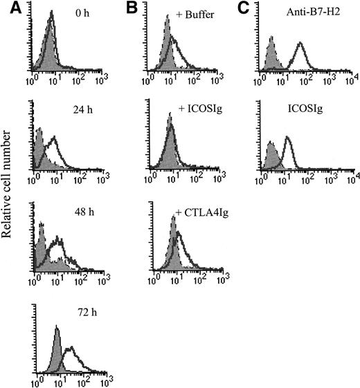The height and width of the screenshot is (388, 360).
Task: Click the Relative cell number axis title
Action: pos(10,207)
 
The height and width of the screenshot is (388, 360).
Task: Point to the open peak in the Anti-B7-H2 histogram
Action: pos(300,46)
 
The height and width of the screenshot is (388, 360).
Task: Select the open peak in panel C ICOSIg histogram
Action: pos(288,139)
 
